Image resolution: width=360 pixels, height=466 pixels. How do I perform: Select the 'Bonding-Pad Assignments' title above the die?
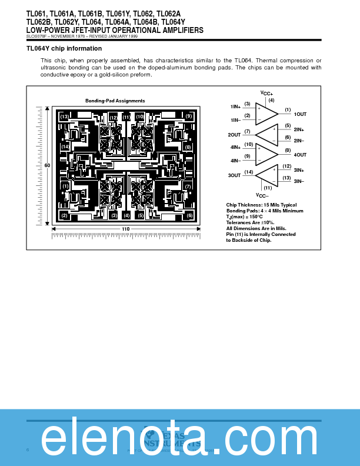click(115, 101)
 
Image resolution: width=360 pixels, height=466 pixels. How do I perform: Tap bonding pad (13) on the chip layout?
click(64, 116)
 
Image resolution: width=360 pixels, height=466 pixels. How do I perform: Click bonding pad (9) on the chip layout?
click(189, 116)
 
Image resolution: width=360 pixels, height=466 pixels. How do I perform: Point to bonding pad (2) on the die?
click(64, 215)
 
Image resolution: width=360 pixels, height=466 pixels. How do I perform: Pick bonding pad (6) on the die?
click(189, 215)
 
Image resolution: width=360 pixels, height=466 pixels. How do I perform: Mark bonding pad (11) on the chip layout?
click(126, 117)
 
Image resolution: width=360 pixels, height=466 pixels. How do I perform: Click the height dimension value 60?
click(47, 165)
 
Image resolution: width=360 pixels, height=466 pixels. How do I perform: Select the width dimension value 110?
click(126, 229)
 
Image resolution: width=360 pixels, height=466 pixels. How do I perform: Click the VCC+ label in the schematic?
click(266, 94)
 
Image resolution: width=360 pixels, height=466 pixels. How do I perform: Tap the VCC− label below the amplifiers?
click(262, 195)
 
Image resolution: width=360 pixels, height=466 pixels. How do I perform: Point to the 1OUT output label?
click(300, 114)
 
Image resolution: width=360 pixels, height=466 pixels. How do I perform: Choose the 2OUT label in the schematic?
click(235, 135)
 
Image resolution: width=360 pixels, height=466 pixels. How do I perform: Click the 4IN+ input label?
click(235, 147)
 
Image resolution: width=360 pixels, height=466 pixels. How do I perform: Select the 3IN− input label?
click(299, 181)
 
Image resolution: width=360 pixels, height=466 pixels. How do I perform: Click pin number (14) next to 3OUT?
click(248, 172)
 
